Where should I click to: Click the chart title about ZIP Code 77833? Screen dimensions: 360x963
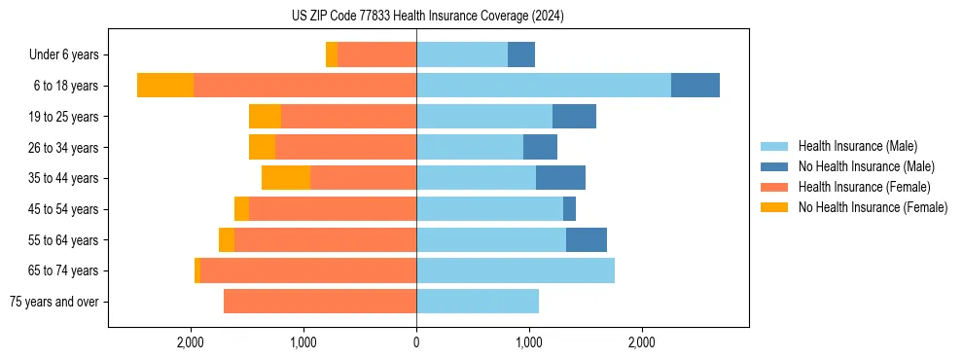[427, 16]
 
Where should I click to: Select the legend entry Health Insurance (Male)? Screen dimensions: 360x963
[857, 146]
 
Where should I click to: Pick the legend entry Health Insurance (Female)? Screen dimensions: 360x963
[864, 187]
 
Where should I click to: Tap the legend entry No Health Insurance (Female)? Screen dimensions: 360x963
[873, 207]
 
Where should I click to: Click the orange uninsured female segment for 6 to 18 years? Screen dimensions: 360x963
[165, 86]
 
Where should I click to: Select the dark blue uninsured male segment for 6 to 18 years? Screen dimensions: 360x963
[695, 86]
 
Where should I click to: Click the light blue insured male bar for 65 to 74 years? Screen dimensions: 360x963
[516, 270]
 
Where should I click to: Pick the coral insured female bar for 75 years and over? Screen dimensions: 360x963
[320, 302]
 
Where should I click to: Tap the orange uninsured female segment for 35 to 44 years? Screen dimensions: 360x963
[286, 178]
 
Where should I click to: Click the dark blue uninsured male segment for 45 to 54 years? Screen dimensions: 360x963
[569, 209]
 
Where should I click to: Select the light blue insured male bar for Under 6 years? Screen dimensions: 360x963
[462, 55]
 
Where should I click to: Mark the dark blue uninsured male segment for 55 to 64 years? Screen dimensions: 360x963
[587, 239]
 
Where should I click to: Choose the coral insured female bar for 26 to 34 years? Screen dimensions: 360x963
[345, 147]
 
